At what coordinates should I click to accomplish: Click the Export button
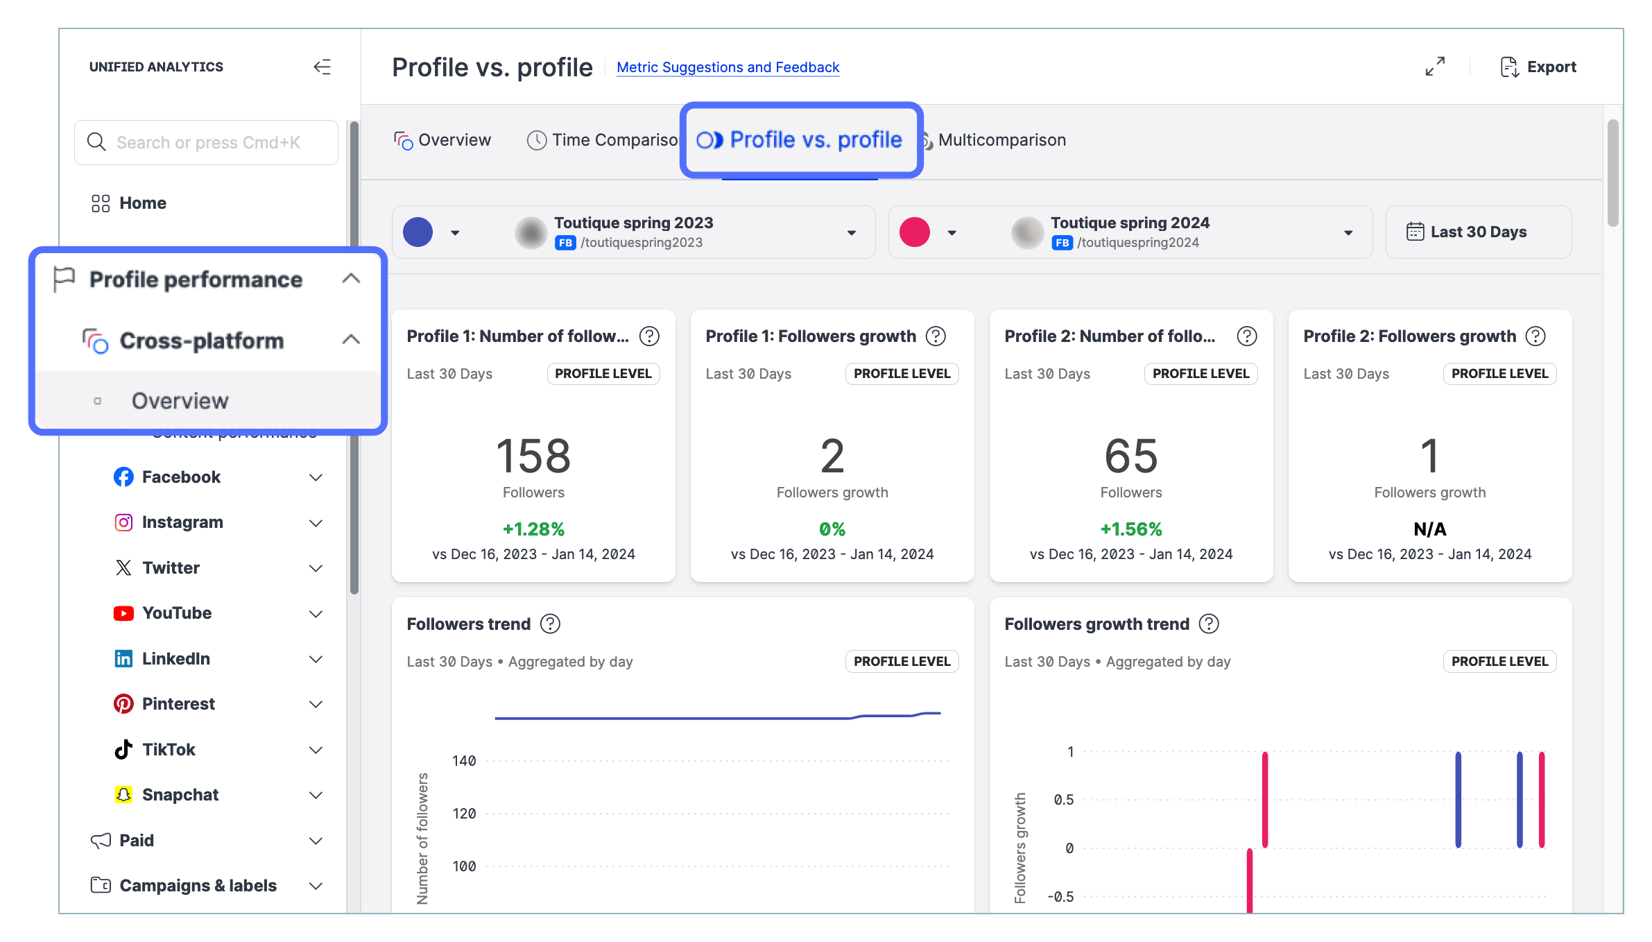[x=1538, y=67]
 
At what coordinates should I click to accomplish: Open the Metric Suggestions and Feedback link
[x=728, y=67]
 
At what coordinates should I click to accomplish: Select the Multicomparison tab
[x=1001, y=140]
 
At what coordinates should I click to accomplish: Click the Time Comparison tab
[x=603, y=140]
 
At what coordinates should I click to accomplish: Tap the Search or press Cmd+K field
[x=207, y=143]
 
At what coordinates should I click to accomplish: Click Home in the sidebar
[x=142, y=203]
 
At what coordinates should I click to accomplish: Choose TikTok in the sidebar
[x=169, y=749]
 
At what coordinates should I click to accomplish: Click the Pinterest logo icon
[x=123, y=704]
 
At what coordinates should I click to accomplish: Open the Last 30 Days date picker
[x=1478, y=232]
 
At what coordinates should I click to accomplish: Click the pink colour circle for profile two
[x=914, y=232]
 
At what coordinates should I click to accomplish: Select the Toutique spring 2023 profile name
[x=633, y=223]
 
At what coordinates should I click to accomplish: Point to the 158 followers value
[x=533, y=456]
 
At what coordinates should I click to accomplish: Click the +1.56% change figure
[x=1130, y=529]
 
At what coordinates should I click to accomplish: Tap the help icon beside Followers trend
[x=550, y=624]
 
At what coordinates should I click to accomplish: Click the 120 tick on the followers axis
[x=464, y=814]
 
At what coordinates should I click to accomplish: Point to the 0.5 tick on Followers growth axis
[x=1063, y=800]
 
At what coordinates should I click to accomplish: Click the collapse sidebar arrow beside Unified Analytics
[x=322, y=67]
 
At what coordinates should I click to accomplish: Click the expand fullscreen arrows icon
[x=1434, y=67]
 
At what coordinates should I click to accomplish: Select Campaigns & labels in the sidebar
[x=198, y=886]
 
